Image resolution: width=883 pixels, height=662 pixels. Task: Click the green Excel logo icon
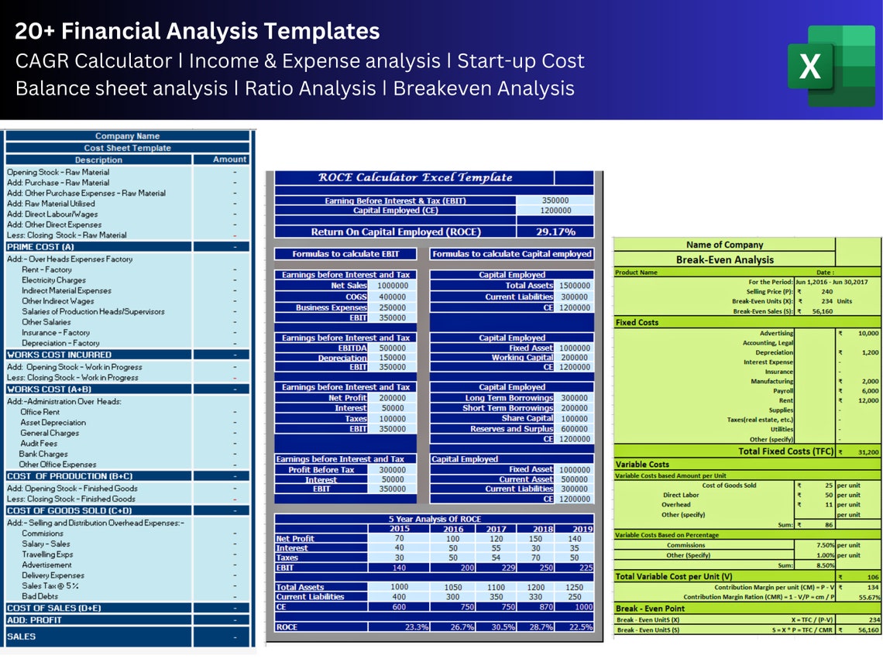[830, 66]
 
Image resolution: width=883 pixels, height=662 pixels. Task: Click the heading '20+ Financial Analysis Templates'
[198, 31]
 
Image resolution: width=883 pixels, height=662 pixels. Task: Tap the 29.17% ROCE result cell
[555, 232]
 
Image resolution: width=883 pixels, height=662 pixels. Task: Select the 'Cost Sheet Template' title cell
[128, 148]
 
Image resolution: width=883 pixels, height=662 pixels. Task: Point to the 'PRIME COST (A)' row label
[40, 247]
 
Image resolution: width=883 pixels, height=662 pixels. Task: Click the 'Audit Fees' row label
[39, 444]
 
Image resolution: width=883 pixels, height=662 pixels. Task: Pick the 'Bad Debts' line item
[40, 597]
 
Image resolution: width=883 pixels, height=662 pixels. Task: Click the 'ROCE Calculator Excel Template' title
[415, 177]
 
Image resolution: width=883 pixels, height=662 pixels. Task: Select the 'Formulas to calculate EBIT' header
[345, 254]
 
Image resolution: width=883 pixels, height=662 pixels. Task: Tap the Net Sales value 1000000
[393, 286]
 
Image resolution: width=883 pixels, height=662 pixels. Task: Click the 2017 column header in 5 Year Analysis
[496, 529]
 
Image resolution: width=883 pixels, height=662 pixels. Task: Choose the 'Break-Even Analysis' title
[724, 260]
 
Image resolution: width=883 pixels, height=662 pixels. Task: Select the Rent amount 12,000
[868, 400]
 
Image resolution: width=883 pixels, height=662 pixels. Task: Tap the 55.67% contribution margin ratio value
[869, 598]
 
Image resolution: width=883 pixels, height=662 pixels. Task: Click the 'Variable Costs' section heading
[642, 465]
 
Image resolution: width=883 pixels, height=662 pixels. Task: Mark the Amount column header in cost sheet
[230, 159]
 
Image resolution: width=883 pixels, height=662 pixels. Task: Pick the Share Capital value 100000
[574, 418]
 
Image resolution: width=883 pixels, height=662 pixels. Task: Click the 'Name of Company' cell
[724, 245]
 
